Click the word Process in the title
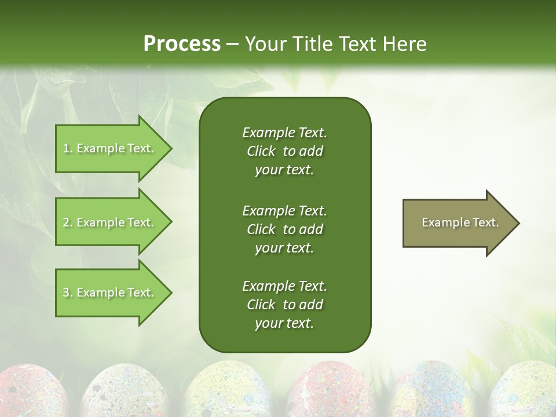click(x=182, y=43)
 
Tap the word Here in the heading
click(x=404, y=43)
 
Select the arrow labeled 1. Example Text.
click(x=110, y=149)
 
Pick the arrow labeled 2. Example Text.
click(x=110, y=222)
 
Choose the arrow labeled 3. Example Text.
click(x=110, y=293)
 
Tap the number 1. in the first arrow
click(x=68, y=149)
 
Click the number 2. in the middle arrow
click(x=68, y=222)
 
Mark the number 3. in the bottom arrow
click(x=68, y=293)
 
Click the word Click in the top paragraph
click(x=261, y=151)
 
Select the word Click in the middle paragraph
click(x=261, y=229)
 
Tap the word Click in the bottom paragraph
click(x=261, y=305)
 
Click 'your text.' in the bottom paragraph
click(x=284, y=324)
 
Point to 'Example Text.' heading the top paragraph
click(x=284, y=133)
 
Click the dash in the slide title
click(x=232, y=44)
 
